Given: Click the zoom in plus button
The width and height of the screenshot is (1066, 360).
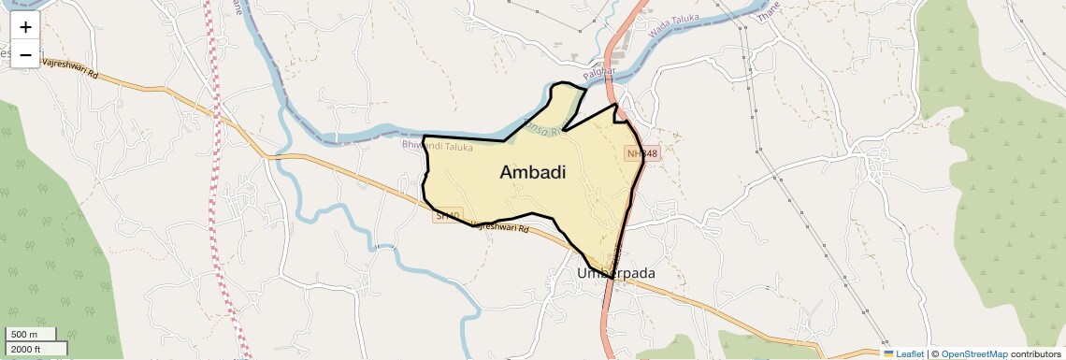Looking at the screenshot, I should [x=25, y=27].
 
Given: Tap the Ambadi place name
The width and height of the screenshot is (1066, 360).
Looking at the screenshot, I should [x=533, y=172].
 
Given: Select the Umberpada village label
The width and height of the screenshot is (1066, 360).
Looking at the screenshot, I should [x=616, y=273].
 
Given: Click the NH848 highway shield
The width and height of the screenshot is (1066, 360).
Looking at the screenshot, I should [x=642, y=152].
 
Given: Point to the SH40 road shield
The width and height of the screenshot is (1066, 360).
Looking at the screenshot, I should [x=449, y=217].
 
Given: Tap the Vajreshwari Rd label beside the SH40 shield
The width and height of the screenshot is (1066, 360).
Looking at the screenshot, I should [x=500, y=226].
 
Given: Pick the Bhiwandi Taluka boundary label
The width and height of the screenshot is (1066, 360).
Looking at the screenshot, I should [x=438, y=146].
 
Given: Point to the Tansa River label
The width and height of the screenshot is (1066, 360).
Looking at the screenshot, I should [x=545, y=128].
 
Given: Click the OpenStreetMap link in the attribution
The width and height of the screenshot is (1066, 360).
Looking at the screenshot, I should [x=974, y=353].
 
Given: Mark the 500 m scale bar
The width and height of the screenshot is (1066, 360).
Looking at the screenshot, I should [x=31, y=334].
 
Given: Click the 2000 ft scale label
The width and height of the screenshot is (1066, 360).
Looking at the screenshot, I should [x=28, y=349].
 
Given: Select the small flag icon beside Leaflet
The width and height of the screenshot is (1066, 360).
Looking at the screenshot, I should [x=889, y=353].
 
